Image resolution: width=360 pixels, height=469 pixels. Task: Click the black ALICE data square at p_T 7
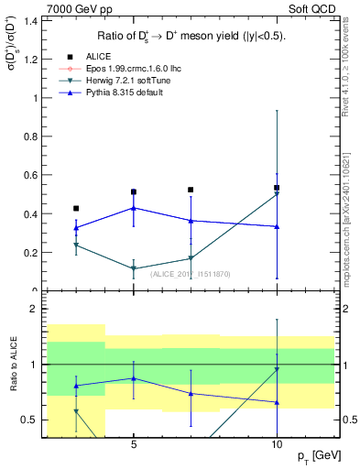[x=191, y=190]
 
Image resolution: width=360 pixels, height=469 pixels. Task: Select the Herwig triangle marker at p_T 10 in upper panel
[x=277, y=194]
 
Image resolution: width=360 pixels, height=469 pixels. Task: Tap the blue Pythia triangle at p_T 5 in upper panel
[x=134, y=208]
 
